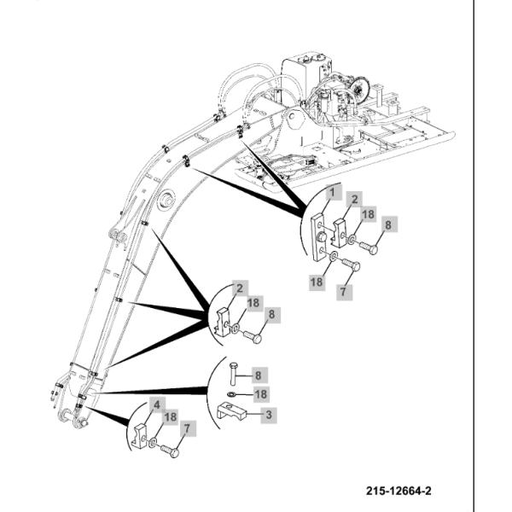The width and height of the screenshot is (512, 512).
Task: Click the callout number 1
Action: click(329, 195)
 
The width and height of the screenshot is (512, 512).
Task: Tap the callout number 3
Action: click(268, 416)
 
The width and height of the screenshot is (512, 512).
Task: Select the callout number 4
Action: click(157, 404)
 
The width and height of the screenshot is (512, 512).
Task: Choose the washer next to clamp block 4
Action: click(153, 443)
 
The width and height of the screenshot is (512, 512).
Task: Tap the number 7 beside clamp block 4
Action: click(188, 428)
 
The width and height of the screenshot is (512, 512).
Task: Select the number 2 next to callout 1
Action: click(352, 198)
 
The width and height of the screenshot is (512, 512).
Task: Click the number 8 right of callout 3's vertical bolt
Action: click(260, 373)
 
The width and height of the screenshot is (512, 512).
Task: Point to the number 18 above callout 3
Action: click(261, 394)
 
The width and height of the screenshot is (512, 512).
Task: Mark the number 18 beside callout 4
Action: click(172, 417)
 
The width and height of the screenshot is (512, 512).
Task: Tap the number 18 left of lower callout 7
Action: click(317, 282)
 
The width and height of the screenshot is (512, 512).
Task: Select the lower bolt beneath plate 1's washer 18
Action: click(347, 266)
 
